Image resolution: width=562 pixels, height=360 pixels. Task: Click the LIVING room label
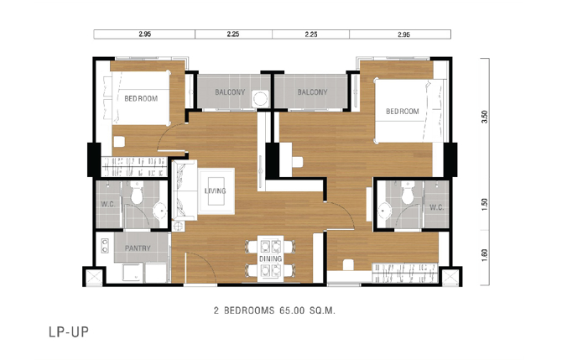215,191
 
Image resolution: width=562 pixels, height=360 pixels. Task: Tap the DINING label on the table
271,258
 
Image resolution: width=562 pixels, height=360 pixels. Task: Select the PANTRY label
138,248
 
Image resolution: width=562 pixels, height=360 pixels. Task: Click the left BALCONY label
230,92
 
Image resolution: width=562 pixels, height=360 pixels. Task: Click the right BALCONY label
312,92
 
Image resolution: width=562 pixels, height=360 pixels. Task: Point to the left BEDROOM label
141,98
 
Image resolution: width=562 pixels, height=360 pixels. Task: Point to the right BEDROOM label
402,112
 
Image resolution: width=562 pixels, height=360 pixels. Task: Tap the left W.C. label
108,205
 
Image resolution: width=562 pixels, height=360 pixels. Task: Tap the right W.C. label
436,207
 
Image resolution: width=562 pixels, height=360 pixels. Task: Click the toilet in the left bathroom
137,192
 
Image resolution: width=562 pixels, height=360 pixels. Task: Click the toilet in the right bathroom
408,192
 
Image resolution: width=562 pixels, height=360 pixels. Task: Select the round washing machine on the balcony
260,98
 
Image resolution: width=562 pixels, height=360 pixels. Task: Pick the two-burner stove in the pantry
105,246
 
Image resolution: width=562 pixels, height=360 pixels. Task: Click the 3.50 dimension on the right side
485,117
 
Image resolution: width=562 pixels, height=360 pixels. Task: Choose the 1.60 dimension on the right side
485,255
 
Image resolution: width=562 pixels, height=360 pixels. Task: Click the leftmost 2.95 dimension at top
145,34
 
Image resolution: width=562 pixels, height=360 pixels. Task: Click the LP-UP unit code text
69,332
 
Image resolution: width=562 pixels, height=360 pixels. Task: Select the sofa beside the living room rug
185,190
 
